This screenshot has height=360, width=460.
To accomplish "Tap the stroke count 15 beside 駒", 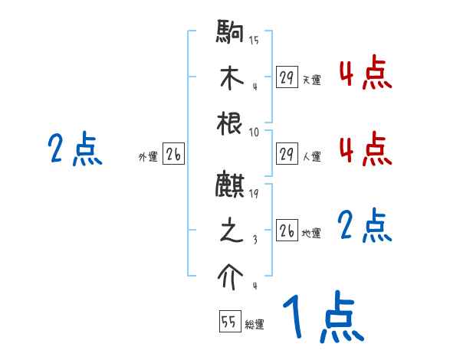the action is pyautogui.click(x=254, y=40).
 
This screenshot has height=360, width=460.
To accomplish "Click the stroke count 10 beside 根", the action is pyautogui.click(x=254, y=132).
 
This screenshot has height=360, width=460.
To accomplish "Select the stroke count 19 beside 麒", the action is pyautogui.click(x=254, y=193).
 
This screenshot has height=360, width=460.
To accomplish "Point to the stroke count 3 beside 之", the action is pyautogui.click(x=255, y=240).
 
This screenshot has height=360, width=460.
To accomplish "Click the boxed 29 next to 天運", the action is pyautogui.click(x=287, y=77).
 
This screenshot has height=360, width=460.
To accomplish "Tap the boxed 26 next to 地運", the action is pyautogui.click(x=287, y=231).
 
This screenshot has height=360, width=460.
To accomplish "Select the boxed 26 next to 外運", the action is pyautogui.click(x=173, y=154).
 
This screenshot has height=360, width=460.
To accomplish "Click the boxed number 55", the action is pyautogui.click(x=228, y=322).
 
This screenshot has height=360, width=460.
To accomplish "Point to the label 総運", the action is pyautogui.click(x=255, y=325).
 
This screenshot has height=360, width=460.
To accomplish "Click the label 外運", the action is pyautogui.click(x=147, y=157).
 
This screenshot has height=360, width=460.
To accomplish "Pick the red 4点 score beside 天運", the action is pyautogui.click(x=365, y=74).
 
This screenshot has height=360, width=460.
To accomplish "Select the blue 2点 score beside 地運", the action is pyautogui.click(x=365, y=227).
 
